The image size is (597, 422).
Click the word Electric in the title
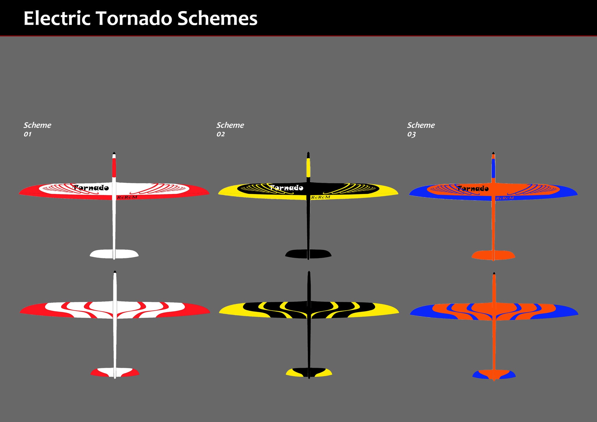point(57,18)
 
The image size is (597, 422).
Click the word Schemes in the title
point(217,18)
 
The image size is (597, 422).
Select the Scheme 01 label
point(37,129)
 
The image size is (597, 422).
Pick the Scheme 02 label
point(230,129)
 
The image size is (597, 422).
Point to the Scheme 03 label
point(421,129)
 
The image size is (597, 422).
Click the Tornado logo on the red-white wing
point(91,187)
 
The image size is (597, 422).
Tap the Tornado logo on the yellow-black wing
point(286,187)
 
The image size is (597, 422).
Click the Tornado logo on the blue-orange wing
point(473,188)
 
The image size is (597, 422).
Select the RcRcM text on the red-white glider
point(127,197)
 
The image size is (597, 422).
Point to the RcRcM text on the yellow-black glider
point(321,197)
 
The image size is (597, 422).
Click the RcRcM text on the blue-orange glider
point(505,198)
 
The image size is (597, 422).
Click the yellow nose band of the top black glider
point(308,168)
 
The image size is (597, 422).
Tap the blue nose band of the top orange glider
point(494,168)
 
